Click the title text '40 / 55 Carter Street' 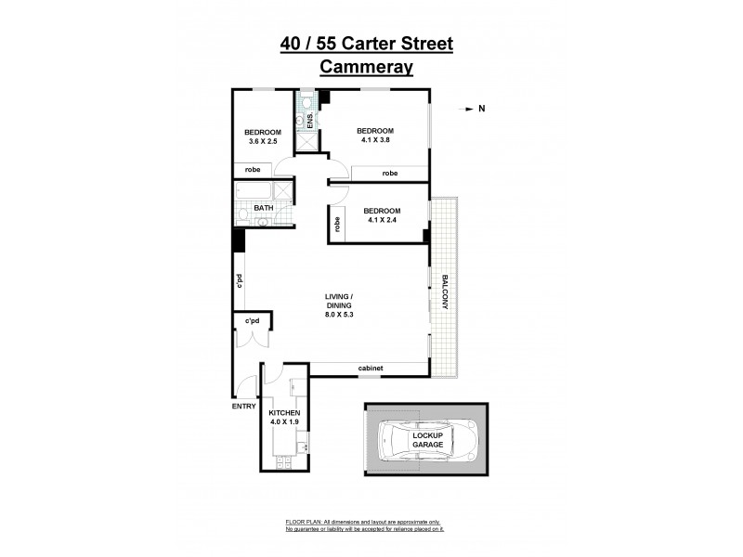click(x=367, y=44)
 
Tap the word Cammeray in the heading click(x=367, y=67)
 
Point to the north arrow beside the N click(x=467, y=110)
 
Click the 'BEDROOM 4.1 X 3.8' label click(x=376, y=136)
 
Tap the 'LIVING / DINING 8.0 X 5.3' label click(x=339, y=306)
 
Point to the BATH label click(x=263, y=208)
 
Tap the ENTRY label click(x=243, y=406)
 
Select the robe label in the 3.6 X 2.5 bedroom click(x=253, y=170)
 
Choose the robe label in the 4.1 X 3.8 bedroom click(x=389, y=174)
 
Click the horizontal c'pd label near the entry click(x=251, y=321)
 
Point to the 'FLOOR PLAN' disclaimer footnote click(x=364, y=525)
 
